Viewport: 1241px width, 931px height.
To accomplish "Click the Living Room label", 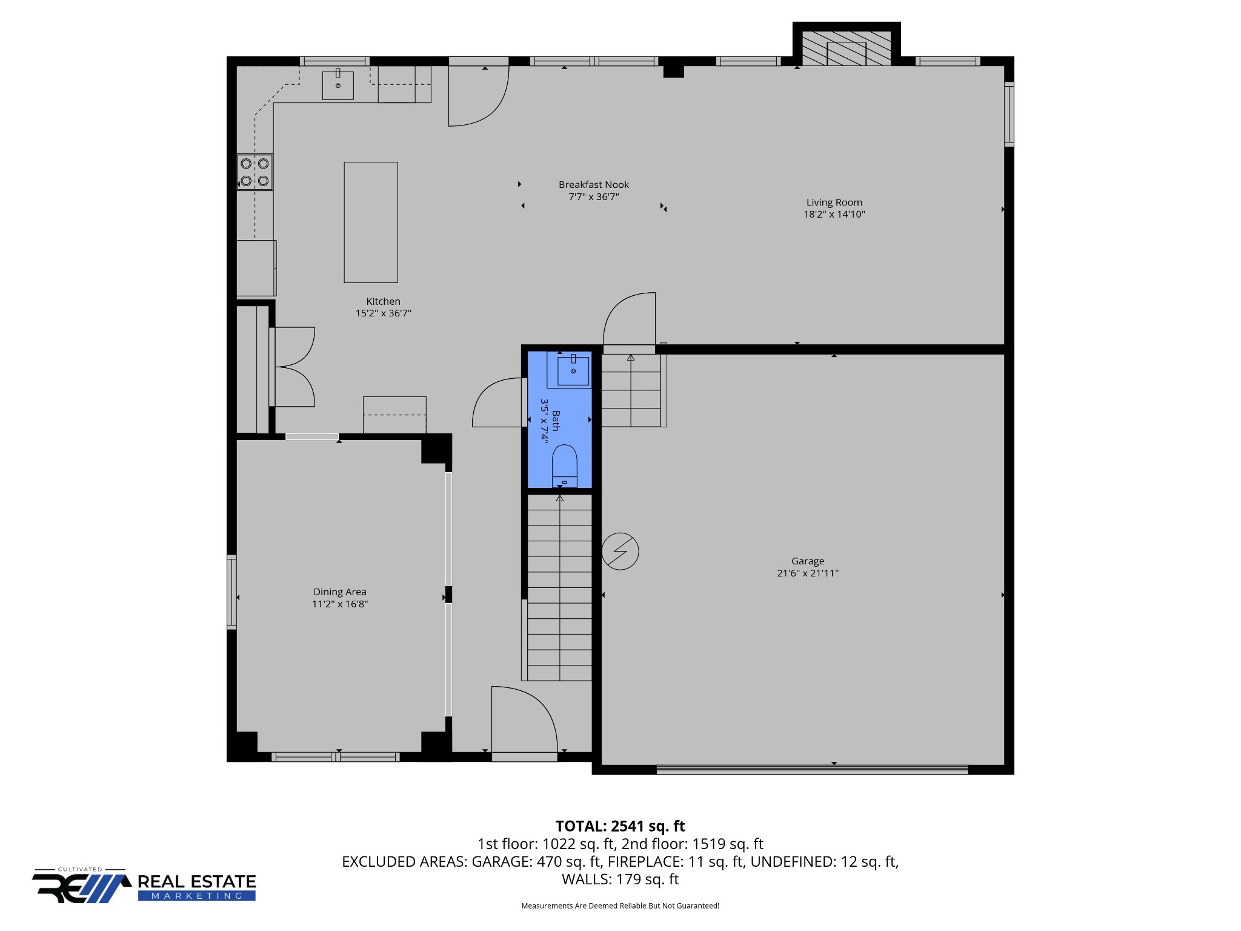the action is click(834, 202).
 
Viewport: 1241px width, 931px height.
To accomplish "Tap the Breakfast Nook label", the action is click(594, 184).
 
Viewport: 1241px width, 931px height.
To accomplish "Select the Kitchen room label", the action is click(383, 301).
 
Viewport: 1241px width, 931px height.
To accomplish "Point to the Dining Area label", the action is click(339, 592).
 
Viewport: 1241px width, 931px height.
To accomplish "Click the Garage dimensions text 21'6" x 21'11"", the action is click(808, 573).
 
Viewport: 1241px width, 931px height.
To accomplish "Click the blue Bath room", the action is click(559, 419).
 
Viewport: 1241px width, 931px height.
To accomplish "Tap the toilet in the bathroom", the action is click(565, 465).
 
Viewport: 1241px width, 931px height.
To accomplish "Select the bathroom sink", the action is click(573, 370).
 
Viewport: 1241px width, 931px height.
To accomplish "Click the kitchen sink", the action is click(338, 85).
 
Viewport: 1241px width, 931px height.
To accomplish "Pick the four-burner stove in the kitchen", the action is click(255, 172).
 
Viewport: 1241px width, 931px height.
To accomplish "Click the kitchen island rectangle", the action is click(371, 222).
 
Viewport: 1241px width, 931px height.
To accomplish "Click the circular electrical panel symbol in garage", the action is click(620, 552).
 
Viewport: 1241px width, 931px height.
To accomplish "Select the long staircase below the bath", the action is click(559, 587).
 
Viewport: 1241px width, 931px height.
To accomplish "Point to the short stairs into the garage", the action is click(631, 390).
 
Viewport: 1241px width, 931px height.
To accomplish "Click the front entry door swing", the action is click(524, 719).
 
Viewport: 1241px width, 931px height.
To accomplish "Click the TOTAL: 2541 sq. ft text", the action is click(620, 826).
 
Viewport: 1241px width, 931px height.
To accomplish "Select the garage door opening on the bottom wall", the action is click(812, 770).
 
